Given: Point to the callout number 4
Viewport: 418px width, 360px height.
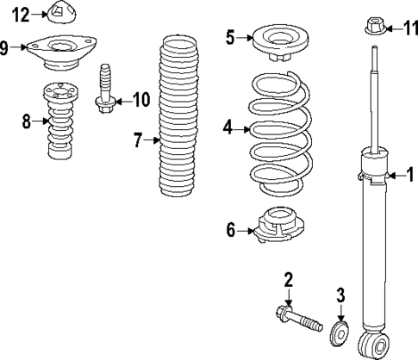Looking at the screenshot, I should coord(228,128).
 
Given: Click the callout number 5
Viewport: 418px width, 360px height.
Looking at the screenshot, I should coord(230,37).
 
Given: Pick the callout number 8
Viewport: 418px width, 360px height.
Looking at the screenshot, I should coord(27,121).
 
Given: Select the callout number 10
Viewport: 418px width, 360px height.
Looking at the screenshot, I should coord(140,101).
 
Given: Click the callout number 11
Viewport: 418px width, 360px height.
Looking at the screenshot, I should coord(410,29).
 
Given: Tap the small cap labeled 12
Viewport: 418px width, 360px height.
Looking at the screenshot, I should coord(59,15).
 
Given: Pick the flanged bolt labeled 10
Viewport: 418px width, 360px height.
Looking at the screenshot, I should coord(105,89).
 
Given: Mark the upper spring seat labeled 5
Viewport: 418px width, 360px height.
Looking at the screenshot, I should coord(279,42).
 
